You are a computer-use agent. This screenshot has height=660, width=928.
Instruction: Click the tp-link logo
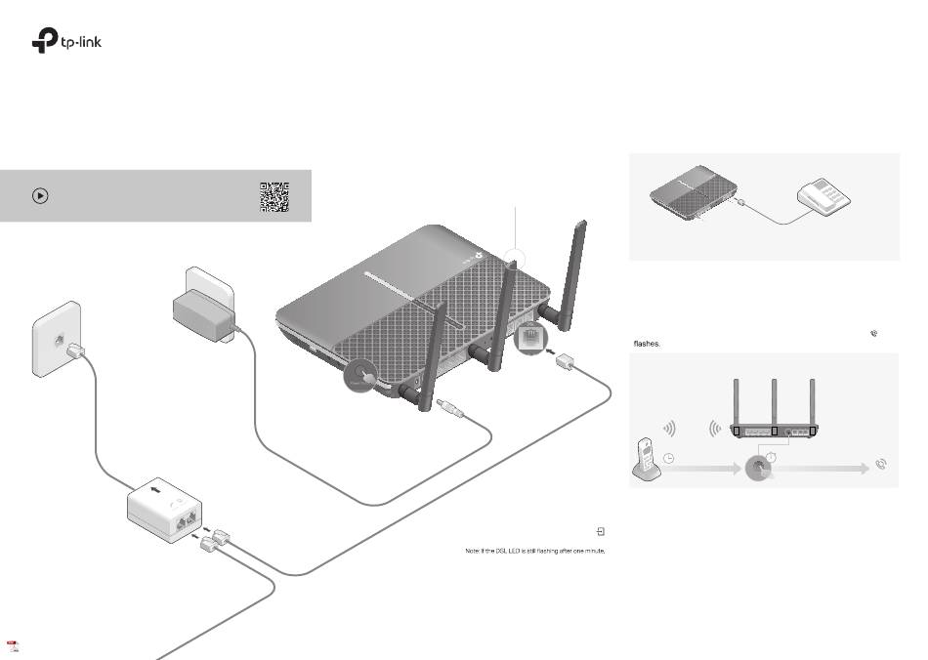66,42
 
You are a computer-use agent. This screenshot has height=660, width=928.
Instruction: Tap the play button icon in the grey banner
39,195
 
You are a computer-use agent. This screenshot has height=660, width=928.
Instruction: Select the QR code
274,196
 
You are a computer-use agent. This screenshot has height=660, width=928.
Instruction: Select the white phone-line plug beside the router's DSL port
566,361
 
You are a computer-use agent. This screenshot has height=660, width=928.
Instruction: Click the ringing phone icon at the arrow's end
882,465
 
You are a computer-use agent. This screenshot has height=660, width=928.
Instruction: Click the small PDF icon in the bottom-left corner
13,646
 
